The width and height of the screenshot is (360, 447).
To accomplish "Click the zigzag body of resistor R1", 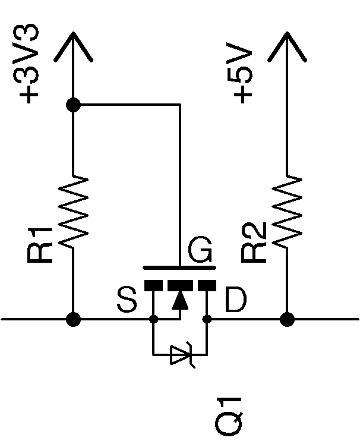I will pos(74,212).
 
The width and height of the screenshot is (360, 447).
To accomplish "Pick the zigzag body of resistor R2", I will pos(288,212).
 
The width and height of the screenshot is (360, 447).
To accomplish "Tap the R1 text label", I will pos(42,244).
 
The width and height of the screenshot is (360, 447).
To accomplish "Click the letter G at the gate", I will pos(200,252).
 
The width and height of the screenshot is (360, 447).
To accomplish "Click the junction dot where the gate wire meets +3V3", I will pos(73,105).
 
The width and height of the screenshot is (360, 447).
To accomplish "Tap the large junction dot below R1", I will pos(73,320).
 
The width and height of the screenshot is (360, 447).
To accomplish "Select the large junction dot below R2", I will pos(288,320).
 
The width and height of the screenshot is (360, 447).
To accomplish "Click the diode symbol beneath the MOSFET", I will pos(181,355).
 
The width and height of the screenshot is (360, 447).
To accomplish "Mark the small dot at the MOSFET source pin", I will pos(153,320).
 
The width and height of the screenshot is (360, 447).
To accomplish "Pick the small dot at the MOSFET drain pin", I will pos(207,320).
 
